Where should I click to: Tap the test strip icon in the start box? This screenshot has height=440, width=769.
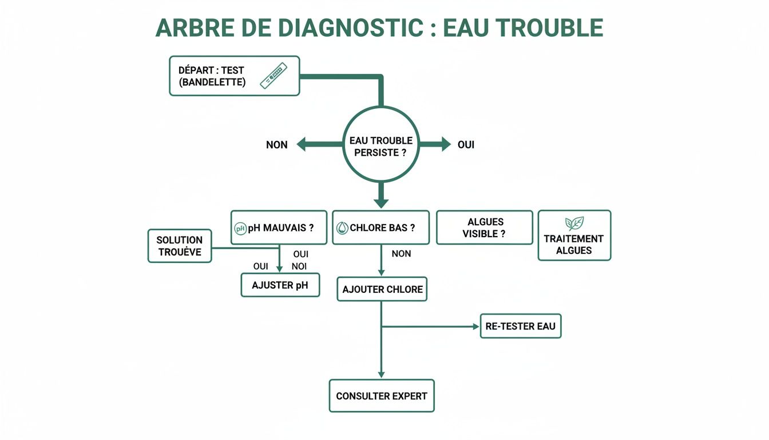[x=273, y=76]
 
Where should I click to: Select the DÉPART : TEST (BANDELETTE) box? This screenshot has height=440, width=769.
[x=234, y=76]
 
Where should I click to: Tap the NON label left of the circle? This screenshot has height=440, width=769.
[x=277, y=145]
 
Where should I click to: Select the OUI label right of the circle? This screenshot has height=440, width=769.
[x=466, y=145]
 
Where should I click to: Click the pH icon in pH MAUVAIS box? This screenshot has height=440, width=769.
[x=241, y=228]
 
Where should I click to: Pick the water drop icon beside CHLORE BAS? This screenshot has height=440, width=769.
[x=343, y=228]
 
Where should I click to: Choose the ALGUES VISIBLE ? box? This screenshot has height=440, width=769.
[x=484, y=227]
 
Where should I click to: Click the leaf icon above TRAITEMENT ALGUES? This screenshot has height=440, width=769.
[x=574, y=223]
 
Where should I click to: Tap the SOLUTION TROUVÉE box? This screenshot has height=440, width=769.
[x=180, y=246]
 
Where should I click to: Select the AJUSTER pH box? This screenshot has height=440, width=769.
[x=280, y=285]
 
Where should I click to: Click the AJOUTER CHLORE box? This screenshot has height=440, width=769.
[x=382, y=289]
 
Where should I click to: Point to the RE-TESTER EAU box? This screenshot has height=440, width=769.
[x=520, y=326]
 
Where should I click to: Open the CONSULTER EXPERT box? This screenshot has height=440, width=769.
[x=381, y=396]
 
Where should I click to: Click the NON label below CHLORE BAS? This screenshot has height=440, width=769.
[x=401, y=253]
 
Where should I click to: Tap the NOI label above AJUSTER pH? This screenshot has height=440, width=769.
[x=299, y=266]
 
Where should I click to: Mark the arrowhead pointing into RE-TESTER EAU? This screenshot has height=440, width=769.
[x=475, y=327]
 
